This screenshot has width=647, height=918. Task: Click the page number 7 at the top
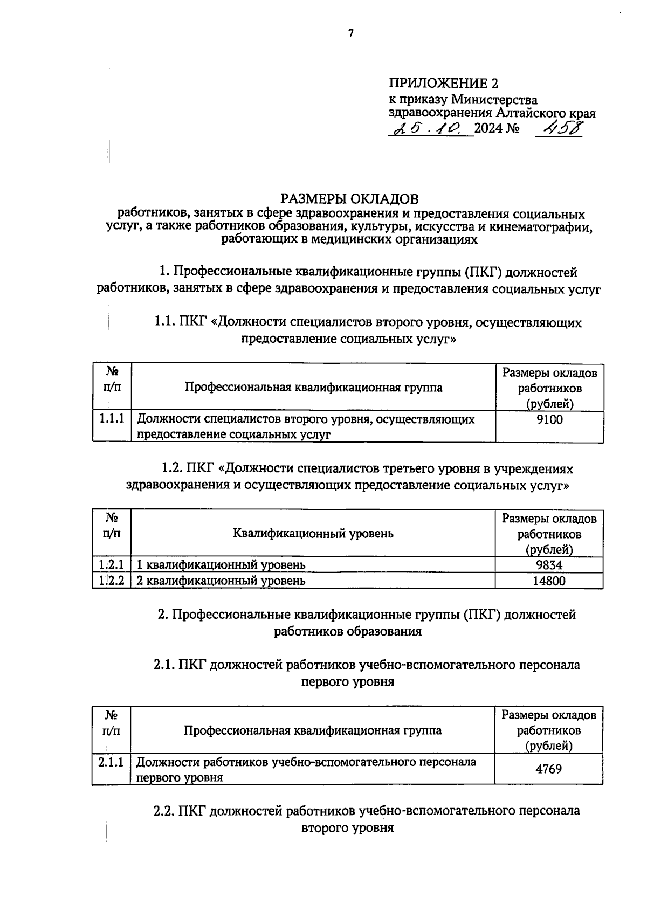point(350,33)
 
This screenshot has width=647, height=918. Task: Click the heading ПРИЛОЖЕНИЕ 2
point(443,84)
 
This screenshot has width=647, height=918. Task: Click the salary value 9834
point(549,565)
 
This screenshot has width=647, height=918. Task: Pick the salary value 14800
point(549,581)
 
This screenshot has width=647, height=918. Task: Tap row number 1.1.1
point(112,419)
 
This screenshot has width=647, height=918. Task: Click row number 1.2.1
point(112,565)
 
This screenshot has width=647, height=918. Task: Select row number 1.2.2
point(112,581)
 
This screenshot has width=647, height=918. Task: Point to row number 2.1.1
point(111,762)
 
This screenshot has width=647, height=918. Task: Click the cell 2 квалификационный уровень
point(221,581)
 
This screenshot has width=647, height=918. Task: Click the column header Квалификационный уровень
point(313,534)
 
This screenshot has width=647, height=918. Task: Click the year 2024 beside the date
point(488,129)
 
